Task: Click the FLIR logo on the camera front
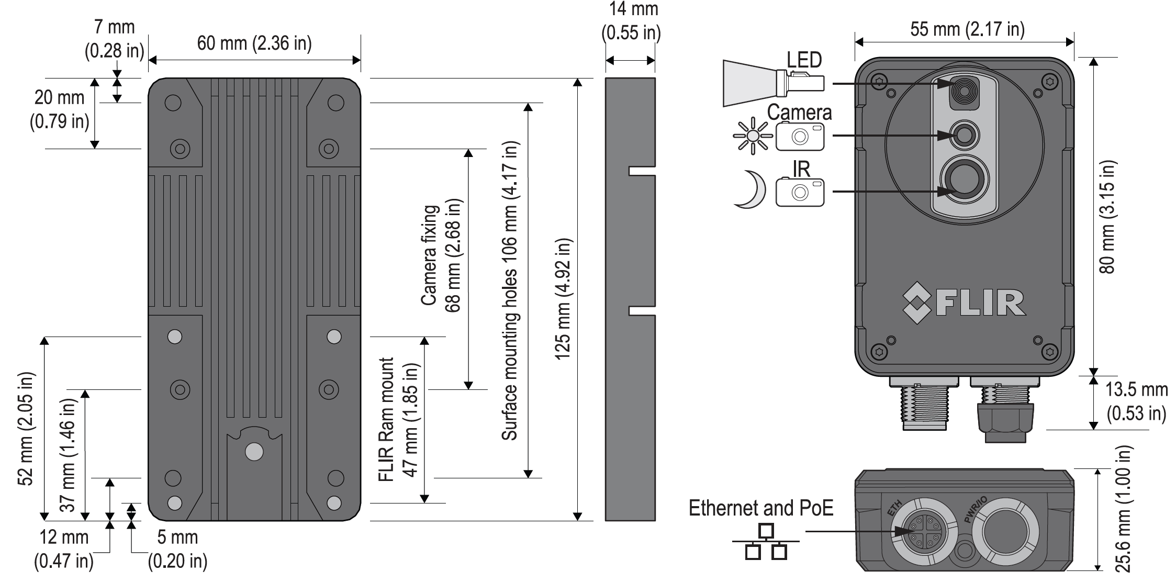(964, 303)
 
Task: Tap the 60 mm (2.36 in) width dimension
(254, 43)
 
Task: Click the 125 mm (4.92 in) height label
(563, 299)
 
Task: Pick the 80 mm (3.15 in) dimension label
(1107, 216)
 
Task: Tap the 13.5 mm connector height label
(1136, 401)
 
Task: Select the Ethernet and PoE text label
(761, 508)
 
